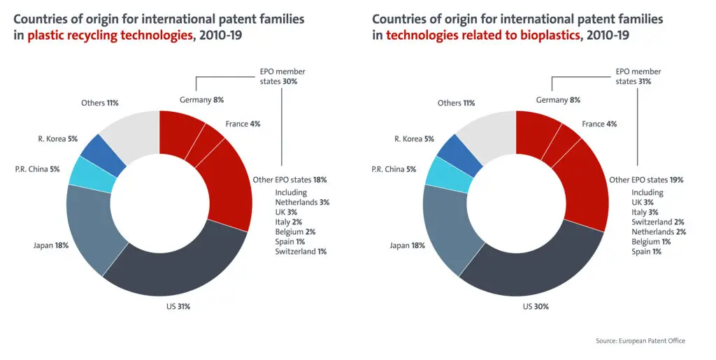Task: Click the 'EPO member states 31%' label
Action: click(x=638, y=76)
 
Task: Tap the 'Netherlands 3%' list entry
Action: click(x=301, y=202)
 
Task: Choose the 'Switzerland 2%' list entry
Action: click(x=658, y=222)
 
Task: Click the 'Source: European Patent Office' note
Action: click(x=640, y=340)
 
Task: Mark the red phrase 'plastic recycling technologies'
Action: click(x=109, y=35)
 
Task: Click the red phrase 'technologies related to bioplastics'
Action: click(x=482, y=35)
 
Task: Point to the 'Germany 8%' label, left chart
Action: click(x=201, y=100)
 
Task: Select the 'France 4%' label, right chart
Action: click(x=599, y=124)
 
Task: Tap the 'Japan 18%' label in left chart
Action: click(x=50, y=245)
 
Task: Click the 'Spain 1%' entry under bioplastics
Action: click(x=647, y=251)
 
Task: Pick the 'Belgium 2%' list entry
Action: click(x=295, y=231)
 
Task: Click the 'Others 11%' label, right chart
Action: click(x=456, y=103)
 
